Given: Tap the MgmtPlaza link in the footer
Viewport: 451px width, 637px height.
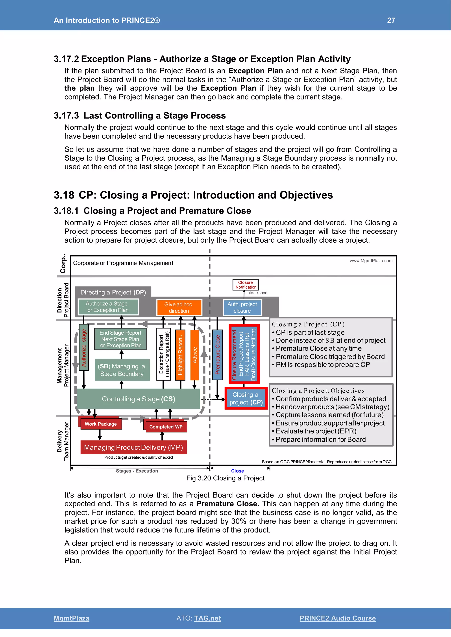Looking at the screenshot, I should [71, 618].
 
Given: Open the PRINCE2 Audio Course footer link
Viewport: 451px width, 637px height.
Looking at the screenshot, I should [337, 618].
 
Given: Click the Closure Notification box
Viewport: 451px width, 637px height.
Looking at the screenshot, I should [246, 285].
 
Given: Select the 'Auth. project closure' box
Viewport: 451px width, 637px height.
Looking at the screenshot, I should [242, 308].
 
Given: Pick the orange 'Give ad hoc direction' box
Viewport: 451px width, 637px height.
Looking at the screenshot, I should [179, 308].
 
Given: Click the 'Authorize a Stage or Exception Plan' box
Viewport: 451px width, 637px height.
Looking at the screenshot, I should [108, 307].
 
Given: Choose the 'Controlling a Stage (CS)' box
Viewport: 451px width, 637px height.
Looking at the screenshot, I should [138, 399].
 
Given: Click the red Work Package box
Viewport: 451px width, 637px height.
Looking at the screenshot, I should [101, 424].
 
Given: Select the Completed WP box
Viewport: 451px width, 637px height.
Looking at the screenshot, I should [166, 427].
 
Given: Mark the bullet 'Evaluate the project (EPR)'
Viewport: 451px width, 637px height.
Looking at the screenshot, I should [316, 431].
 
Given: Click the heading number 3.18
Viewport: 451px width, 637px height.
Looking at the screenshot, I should [64, 195].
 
